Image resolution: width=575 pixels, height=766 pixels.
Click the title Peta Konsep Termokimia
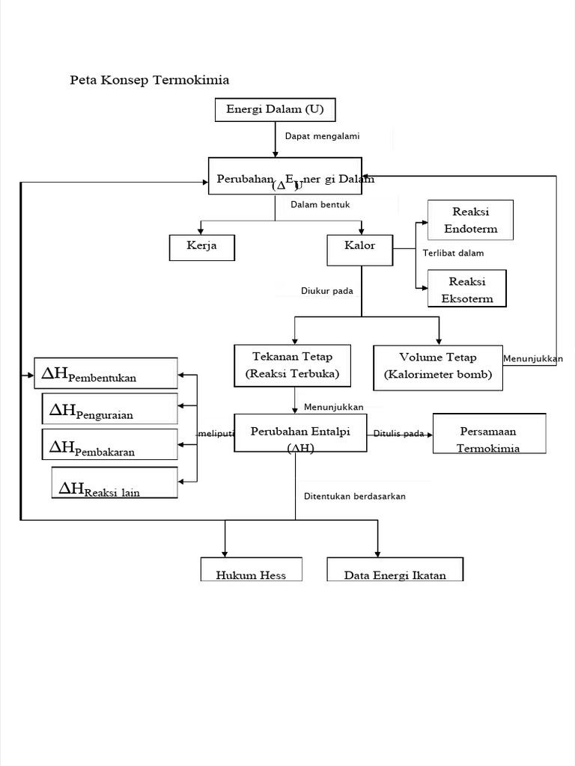coord(149,79)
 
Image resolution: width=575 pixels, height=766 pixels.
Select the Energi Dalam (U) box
coord(275,110)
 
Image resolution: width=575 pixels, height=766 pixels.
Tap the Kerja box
coord(202,247)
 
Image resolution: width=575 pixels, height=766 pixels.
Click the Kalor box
coord(360,250)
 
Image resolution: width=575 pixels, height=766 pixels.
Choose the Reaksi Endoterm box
coord(470,220)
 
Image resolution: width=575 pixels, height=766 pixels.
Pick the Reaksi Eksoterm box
coord(467,289)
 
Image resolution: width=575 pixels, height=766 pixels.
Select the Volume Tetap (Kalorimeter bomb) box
coord(438,367)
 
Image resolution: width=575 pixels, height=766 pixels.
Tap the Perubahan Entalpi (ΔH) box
coord(300,432)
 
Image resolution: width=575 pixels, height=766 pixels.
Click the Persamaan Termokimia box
coord(489,433)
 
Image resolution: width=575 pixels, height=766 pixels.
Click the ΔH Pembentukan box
coord(106,373)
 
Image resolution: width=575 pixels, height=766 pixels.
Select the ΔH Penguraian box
coord(110,408)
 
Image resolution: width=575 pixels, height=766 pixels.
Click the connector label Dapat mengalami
coord(322,136)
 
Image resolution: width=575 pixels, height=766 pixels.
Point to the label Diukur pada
coord(327,291)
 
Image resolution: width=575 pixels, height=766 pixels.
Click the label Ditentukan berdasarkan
coord(355,496)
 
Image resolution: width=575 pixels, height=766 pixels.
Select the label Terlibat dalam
coord(453,253)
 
